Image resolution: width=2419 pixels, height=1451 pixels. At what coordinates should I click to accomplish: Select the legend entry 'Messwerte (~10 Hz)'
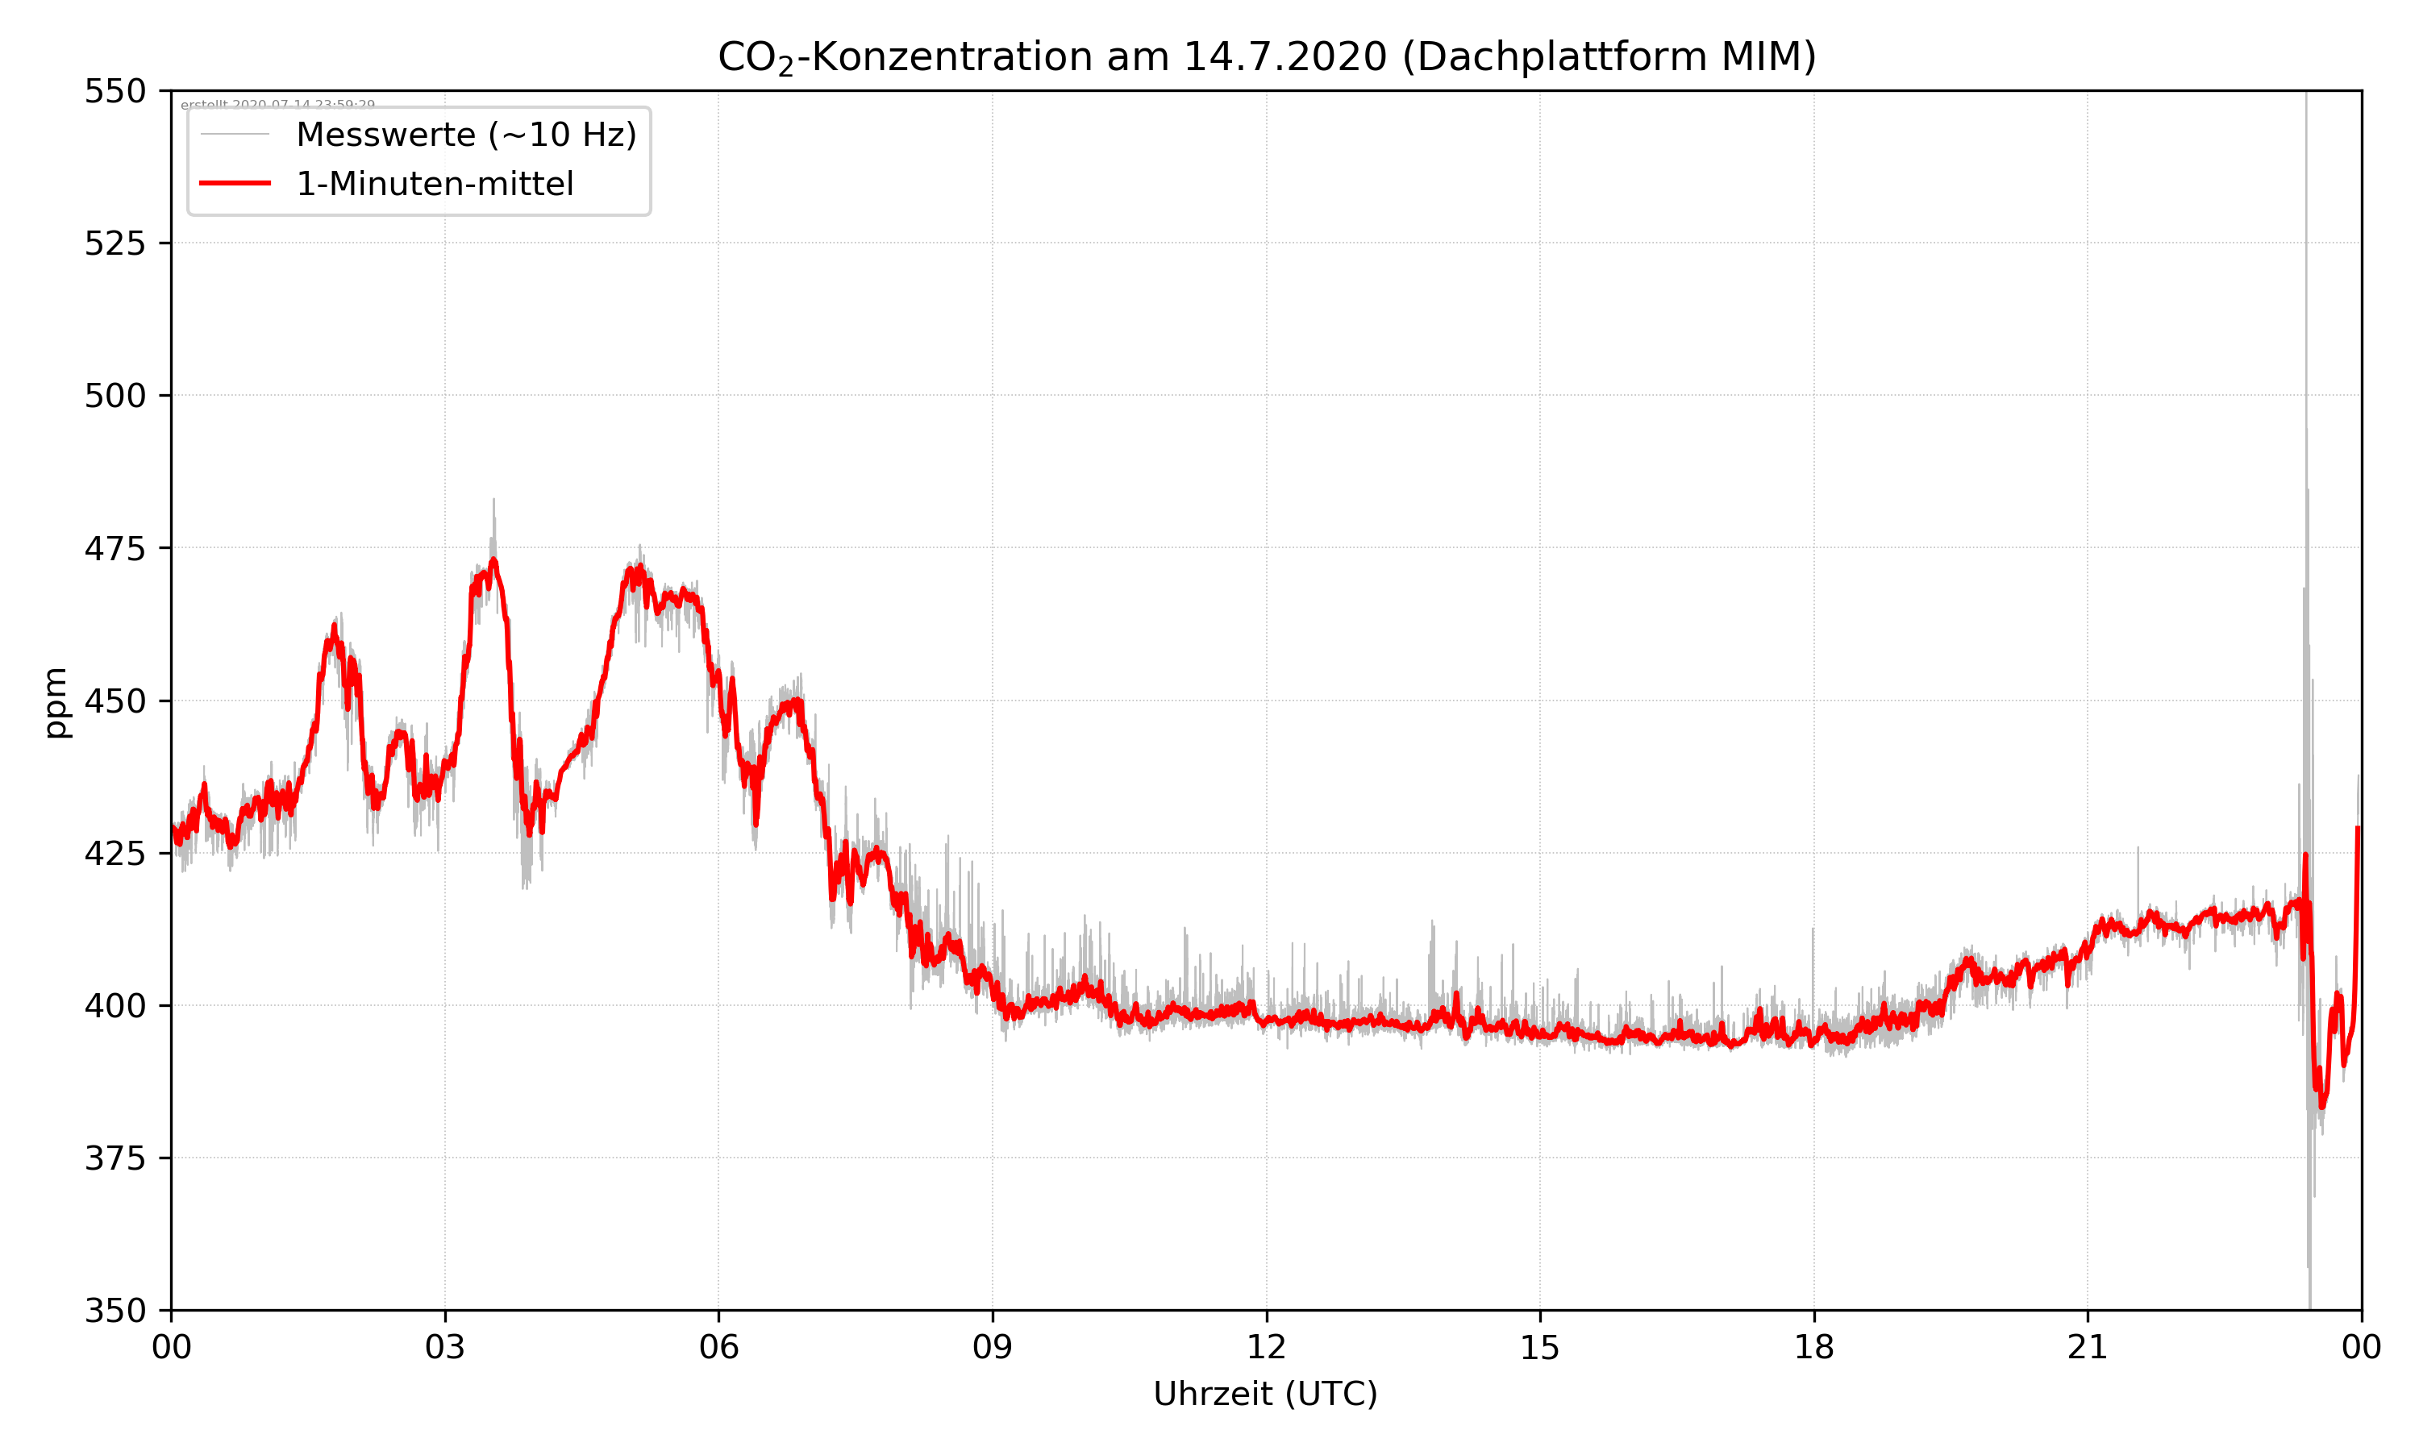(465, 135)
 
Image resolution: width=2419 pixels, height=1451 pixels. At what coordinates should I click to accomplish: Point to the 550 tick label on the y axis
(114, 92)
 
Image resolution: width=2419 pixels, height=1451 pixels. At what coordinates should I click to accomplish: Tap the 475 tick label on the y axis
(114, 548)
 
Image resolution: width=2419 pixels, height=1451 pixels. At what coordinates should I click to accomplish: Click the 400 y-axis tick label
(114, 1006)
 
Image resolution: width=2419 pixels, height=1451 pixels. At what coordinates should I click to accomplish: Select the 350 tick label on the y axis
(114, 1312)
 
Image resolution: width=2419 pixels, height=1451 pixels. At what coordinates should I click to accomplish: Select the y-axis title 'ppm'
(56, 702)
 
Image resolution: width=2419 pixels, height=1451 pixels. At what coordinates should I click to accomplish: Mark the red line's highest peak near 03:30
(493, 560)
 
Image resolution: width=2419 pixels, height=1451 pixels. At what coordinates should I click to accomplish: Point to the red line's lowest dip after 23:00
(2322, 1107)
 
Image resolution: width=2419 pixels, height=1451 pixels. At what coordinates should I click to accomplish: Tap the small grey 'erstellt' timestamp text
(277, 104)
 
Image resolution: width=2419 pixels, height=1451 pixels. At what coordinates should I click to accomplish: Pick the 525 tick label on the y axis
(114, 243)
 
